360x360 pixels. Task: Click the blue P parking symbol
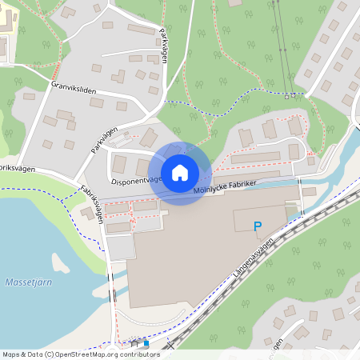258,227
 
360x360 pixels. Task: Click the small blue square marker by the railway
146,343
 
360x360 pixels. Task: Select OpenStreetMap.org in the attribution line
86,354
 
